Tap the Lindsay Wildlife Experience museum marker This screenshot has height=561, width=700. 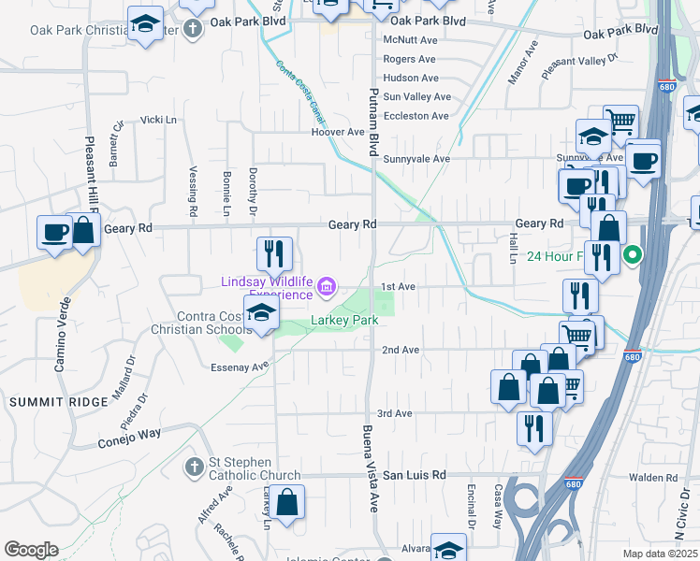[327, 285]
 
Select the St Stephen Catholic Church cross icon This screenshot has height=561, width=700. [194, 466]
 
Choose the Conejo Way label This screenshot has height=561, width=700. [129, 435]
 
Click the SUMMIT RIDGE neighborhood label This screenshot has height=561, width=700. [46, 401]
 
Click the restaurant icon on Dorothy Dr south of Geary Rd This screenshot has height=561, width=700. [274, 252]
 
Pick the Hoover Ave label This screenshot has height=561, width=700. [337, 132]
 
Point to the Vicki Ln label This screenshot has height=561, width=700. [158, 120]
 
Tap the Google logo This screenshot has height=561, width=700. [32, 550]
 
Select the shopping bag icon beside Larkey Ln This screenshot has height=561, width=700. [289, 501]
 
